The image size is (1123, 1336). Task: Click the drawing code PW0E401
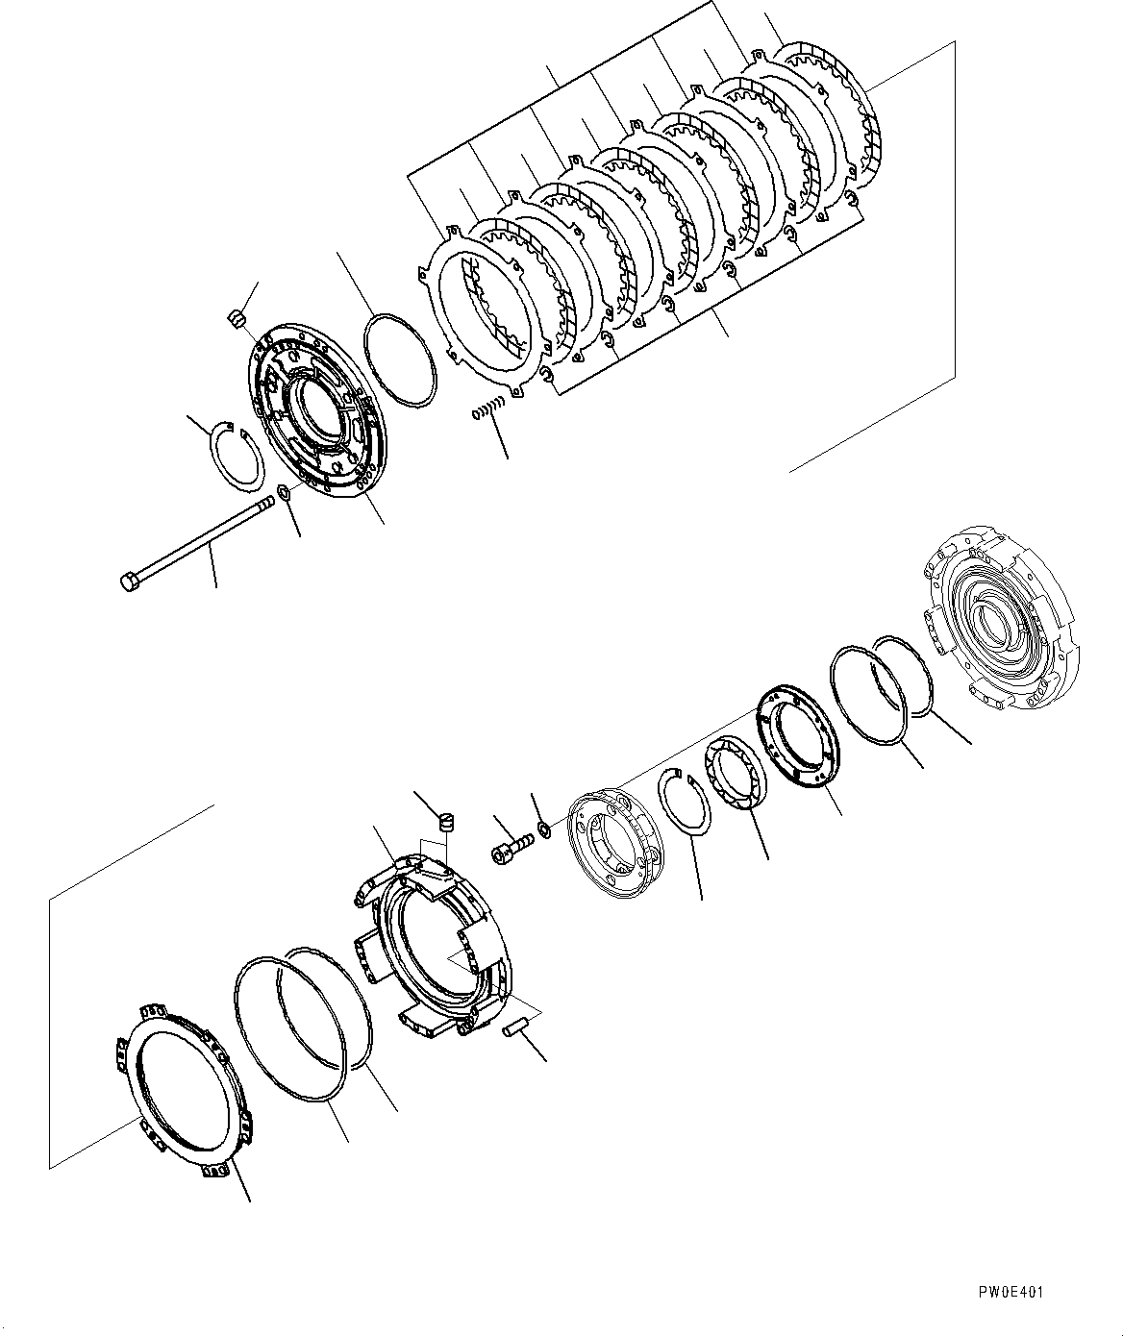pos(1006,1293)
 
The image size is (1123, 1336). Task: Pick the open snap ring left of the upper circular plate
pos(237,458)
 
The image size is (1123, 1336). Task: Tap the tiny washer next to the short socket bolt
pos(544,828)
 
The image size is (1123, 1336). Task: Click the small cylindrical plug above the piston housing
pos(445,822)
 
